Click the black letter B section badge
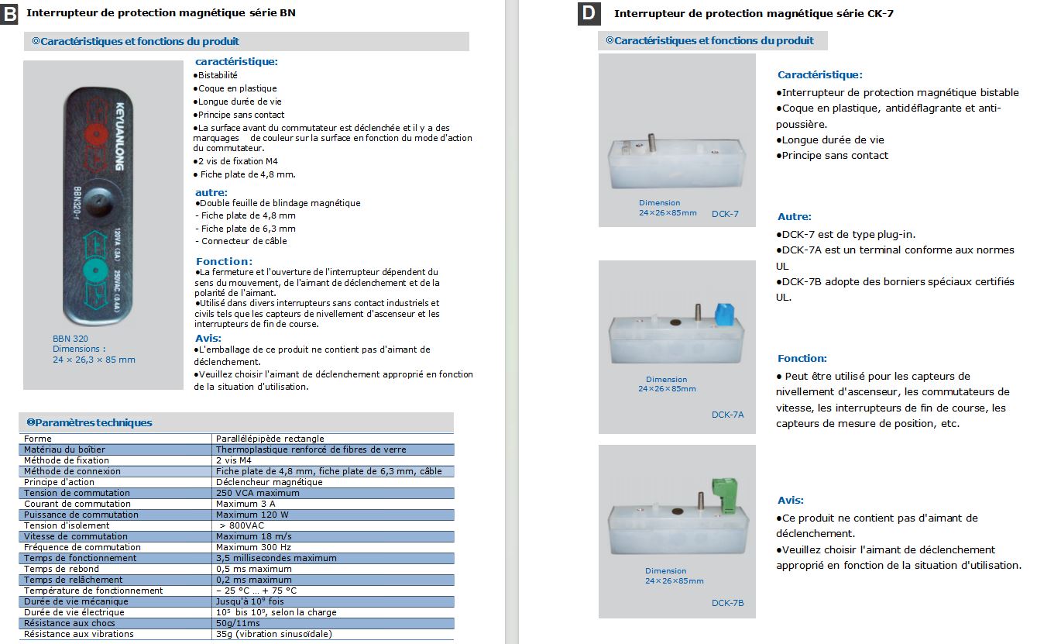(x=10, y=13)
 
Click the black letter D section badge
(x=589, y=12)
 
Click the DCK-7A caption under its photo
(x=727, y=415)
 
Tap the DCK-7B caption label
(x=727, y=603)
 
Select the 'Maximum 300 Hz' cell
(x=248, y=547)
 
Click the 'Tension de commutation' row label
(x=66, y=493)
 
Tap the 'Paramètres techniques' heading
(x=89, y=422)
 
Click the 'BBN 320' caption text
(x=70, y=338)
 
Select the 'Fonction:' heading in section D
(x=802, y=358)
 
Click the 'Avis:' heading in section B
(x=208, y=338)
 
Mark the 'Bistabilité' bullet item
(x=218, y=75)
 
